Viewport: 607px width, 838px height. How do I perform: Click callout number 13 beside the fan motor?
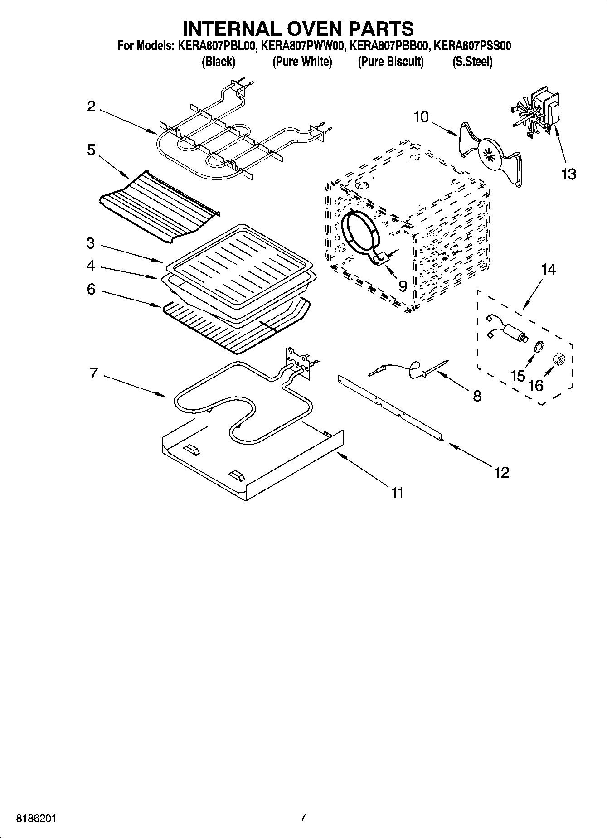(x=568, y=174)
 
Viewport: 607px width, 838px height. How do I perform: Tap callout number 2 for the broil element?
(x=92, y=107)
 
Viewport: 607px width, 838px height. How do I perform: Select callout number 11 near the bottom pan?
(x=397, y=493)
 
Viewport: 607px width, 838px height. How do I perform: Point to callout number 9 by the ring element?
(x=402, y=286)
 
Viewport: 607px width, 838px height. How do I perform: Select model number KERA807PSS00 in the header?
(x=472, y=46)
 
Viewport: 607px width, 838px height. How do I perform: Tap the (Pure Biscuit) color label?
(x=391, y=62)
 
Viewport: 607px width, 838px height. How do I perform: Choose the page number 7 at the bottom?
(x=303, y=818)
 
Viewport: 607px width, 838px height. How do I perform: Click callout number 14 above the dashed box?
(x=548, y=270)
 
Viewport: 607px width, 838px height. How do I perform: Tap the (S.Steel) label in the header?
(x=472, y=62)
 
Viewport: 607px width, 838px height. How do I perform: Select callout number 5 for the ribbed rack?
(x=92, y=150)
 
